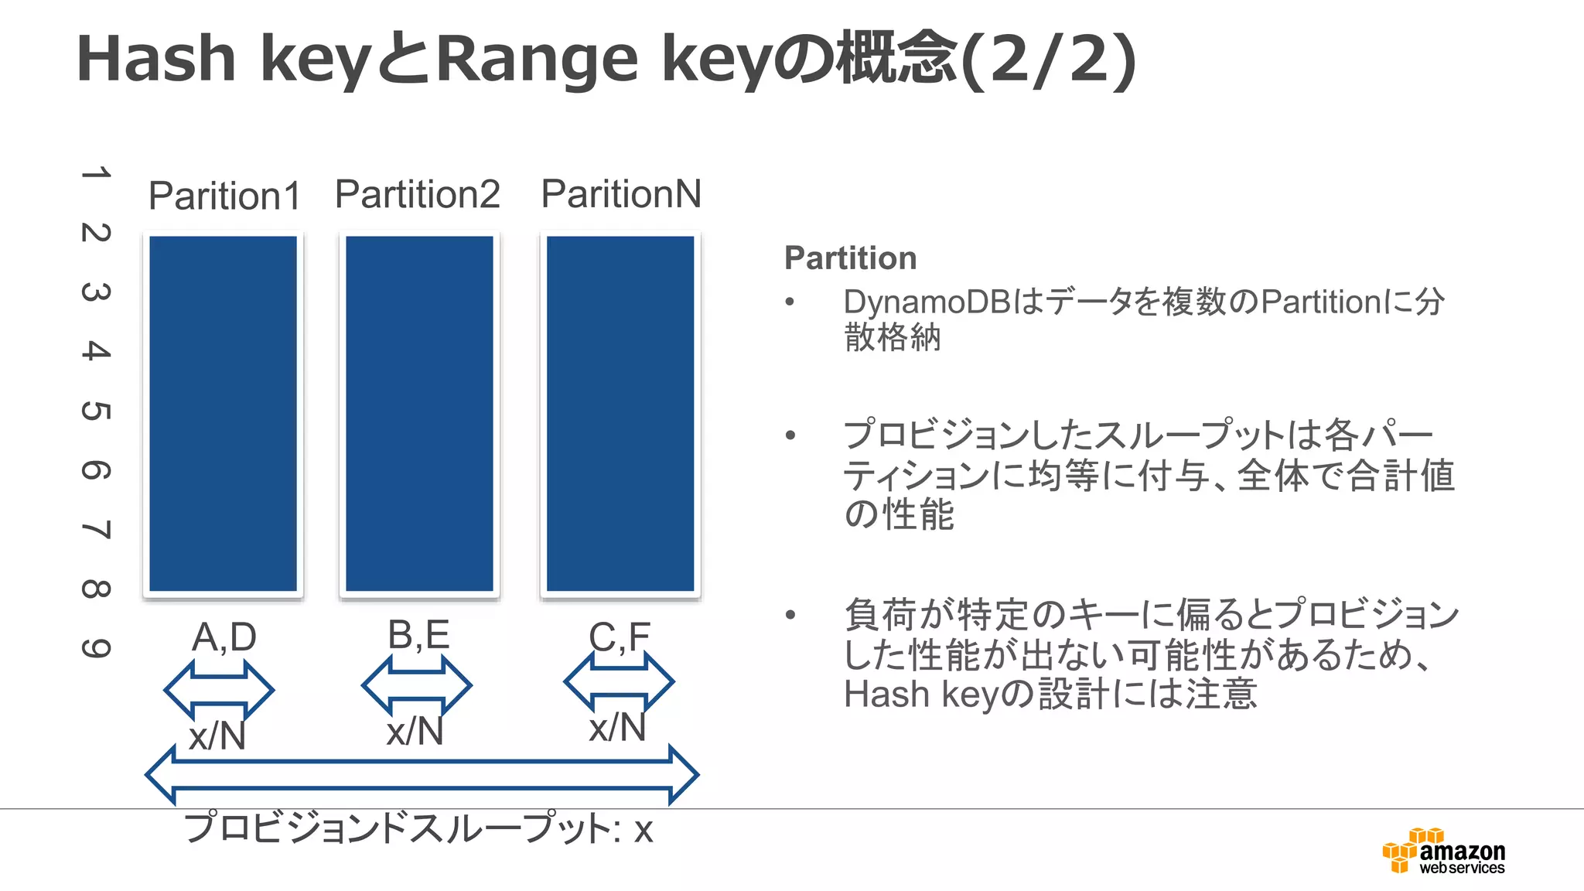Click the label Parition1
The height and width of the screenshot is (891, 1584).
224,196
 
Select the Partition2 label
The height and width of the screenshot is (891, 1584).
418,194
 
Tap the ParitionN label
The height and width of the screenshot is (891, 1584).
621,194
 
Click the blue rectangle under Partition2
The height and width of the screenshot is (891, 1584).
419,414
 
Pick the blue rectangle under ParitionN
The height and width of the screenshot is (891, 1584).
620,414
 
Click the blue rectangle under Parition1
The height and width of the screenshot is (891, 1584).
223,414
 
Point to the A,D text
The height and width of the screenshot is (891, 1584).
224,637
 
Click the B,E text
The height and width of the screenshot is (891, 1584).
418,635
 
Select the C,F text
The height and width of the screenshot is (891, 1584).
620,637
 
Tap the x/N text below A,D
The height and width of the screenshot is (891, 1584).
217,735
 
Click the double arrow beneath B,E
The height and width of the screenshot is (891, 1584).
416,685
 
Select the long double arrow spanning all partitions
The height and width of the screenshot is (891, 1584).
422,775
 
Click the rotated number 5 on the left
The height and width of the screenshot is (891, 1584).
96,411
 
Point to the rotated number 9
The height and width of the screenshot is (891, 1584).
96,648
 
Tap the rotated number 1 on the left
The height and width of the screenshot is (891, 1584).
96,172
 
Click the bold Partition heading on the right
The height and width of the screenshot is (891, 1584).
850,258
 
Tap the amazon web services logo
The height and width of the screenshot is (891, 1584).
1444,852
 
